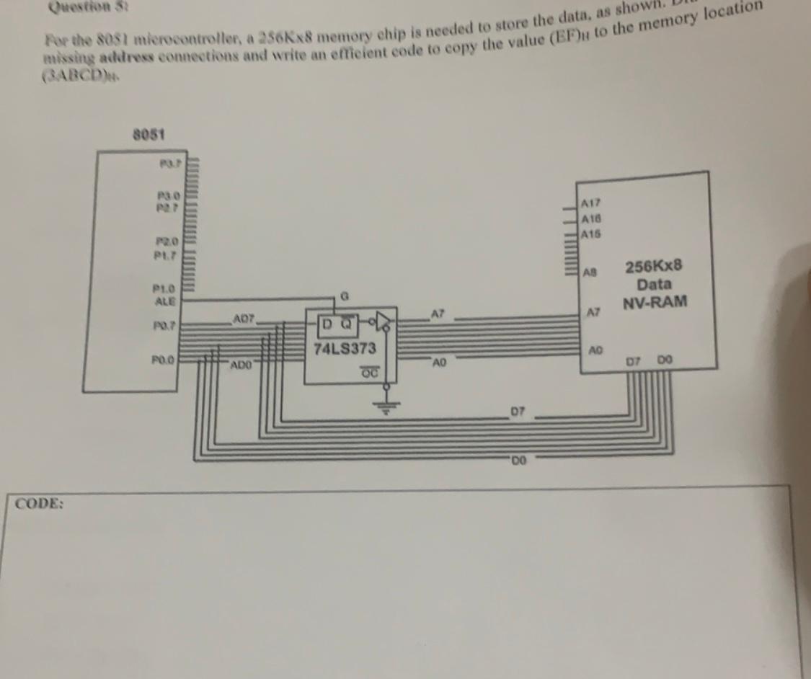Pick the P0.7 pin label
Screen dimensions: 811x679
(166, 327)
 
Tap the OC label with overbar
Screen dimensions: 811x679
(368, 372)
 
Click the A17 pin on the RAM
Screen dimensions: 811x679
(591, 205)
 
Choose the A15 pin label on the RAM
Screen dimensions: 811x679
(591, 234)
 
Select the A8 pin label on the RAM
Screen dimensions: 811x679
(592, 273)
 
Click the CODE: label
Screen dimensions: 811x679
(40, 503)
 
